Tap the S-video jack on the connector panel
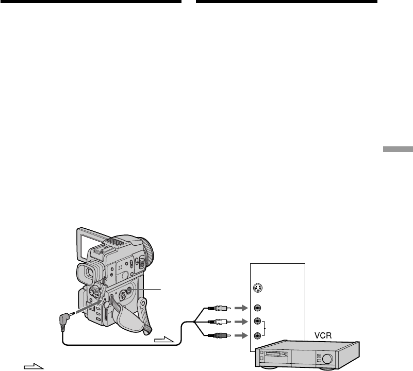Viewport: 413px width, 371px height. pyautogui.click(x=257, y=289)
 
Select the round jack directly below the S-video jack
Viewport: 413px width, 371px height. pyautogui.click(x=257, y=308)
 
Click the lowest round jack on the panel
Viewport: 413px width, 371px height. pyautogui.click(x=257, y=335)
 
